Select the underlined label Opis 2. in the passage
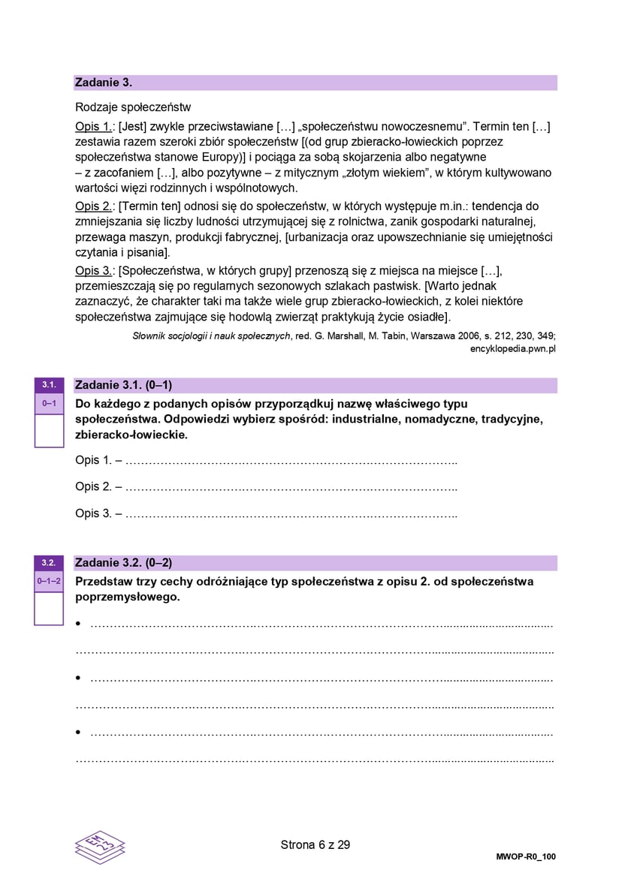coord(95,206)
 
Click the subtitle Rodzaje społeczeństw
coord(133,107)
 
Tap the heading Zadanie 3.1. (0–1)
coord(124,385)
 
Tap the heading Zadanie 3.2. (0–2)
coord(124,562)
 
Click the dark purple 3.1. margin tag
coord(49,385)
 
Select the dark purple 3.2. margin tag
coord(49,562)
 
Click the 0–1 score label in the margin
coord(49,404)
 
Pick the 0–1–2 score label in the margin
coord(49,581)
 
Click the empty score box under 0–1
coord(49,430)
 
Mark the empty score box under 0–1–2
coord(49,608)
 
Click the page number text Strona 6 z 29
coord(315,844)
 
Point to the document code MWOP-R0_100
coord(526,856)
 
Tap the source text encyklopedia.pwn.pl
coord(513,348)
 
